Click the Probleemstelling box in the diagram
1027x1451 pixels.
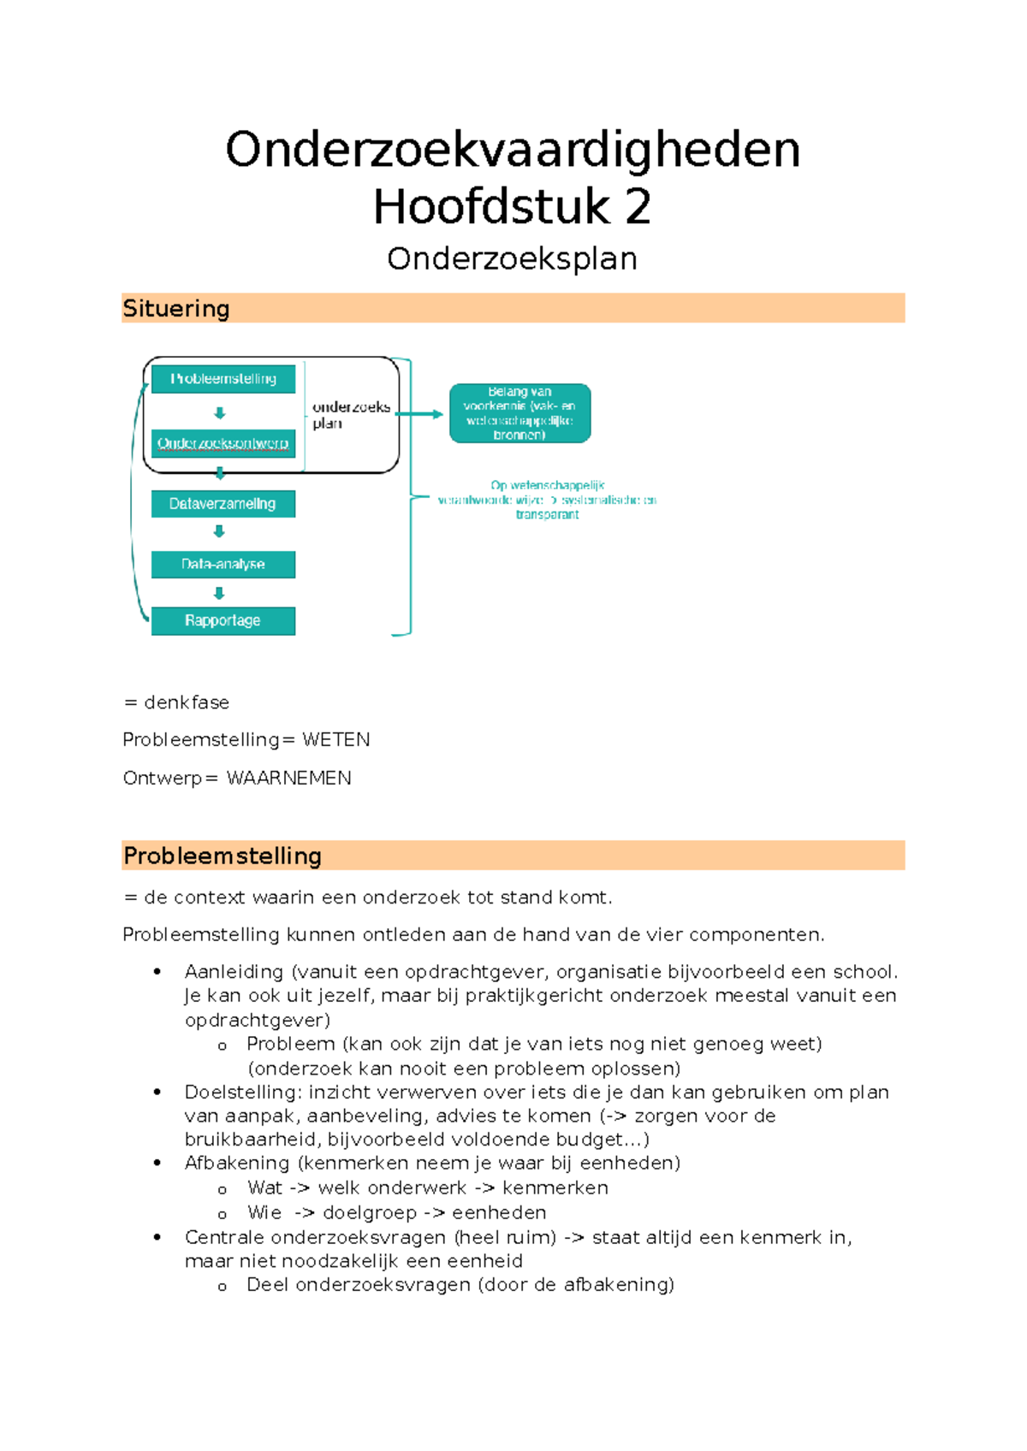point(223,379)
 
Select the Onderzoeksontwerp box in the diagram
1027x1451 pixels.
point(223,443)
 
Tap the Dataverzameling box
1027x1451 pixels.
point(223,504)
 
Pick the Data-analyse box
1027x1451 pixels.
point(223,565)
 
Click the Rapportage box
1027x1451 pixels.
point(223,621)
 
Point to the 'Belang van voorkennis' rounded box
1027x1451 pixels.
point(519,413)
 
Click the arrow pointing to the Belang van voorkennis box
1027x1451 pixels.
point(421,414)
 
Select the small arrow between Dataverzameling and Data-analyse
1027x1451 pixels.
point(219,531)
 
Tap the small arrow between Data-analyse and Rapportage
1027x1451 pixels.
point(219,593)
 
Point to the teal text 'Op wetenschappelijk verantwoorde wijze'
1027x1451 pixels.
point(547,500)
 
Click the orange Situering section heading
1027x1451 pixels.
point(176,309)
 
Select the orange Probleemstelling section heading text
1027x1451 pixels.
point(223,856)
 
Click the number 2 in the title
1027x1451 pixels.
point(638,208)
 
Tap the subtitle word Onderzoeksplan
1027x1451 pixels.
point(512,259)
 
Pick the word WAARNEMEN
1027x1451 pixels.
point(289,779)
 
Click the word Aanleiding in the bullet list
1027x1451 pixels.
point(234,972)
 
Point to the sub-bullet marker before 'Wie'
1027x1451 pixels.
point(223,1214)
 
